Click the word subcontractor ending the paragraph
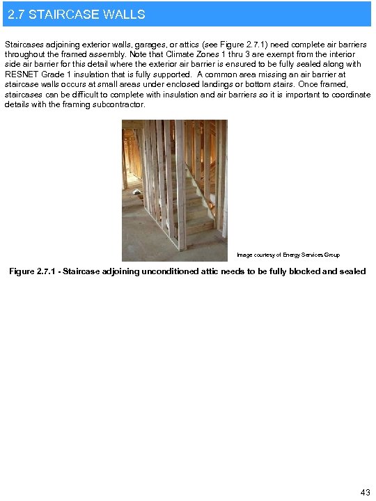click(x=118, y=104)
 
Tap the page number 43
click(x=366, y=493)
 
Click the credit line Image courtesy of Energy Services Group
click(x=288, y=255)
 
